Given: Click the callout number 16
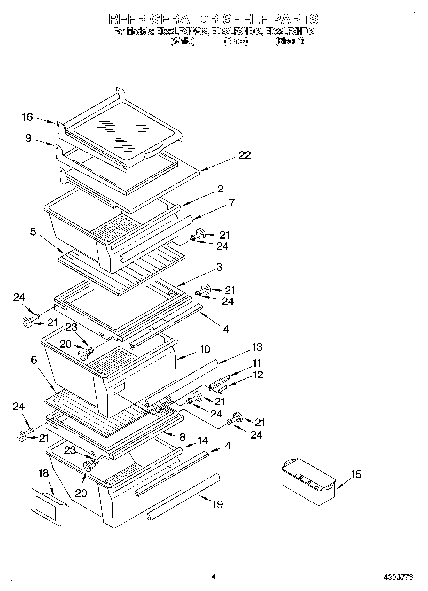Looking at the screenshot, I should (x=27, y=117).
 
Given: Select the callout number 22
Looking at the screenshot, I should (x=245, y=155).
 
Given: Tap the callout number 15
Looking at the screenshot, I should (x=356, y=474).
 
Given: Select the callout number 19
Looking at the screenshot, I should (x=217, y=504).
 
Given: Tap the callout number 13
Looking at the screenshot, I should (x=257, y=347).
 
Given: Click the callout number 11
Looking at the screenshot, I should (x=257, y=363).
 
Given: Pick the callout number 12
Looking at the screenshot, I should (x=257, y=375).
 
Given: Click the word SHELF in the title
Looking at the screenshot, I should (x=245, y=19).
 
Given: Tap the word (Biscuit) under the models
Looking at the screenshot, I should (x=290, y=41).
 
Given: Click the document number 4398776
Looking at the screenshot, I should (x=398, y=577).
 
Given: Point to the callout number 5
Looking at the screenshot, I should (x=33, y=231).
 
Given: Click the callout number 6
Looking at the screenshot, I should (x=34, y=360).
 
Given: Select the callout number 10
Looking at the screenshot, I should (x=204, y=349).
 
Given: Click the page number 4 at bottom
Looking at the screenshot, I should (x=214, y=577).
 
